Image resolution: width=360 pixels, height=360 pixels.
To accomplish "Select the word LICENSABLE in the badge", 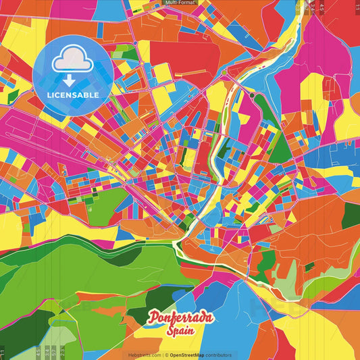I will pos(74,95).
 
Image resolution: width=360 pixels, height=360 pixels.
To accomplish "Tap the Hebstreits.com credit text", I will pos(144,355).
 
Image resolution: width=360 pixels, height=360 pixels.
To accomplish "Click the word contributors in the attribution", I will pos(218,355).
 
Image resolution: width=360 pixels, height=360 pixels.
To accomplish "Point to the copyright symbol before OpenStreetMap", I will pos(166,355).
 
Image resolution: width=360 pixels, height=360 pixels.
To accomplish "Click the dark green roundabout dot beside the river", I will pos(252,96).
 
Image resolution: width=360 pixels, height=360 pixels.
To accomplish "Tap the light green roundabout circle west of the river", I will pos(224,72).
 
